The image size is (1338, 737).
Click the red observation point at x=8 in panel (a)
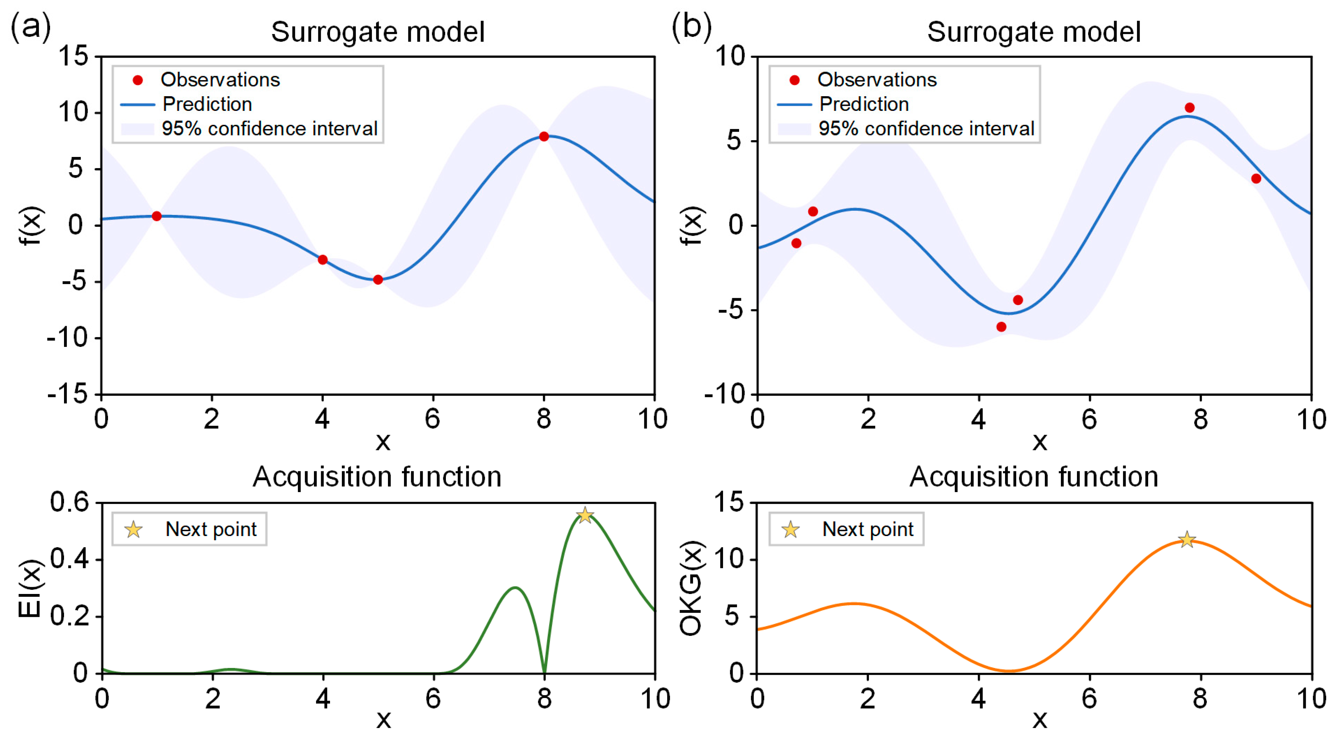click(x=544, y=137)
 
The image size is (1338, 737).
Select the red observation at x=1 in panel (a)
click(x=156, y=216)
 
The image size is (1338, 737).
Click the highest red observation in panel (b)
click(x=1190, y=108)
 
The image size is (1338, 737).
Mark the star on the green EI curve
click(x=585, y=515)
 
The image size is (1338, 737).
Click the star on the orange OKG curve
click(x=1187, y=540)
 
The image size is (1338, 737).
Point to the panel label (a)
click(x=30, y=27)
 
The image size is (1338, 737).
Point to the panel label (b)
click(x=691, y=27)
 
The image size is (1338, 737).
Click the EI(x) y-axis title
click(x=30, y=589)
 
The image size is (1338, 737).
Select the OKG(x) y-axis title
click(x=691, y=589)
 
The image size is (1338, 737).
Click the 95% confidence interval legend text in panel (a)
click(x=269, y=129)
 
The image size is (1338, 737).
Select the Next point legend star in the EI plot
click(x=133, y=529)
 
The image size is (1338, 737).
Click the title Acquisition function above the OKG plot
click(x=1034, y=477)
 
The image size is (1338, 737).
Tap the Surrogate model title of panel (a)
click(x=378, y=32)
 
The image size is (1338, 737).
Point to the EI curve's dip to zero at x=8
click(x=544, y=671)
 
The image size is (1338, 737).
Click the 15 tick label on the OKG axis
click(x=729, y=502)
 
